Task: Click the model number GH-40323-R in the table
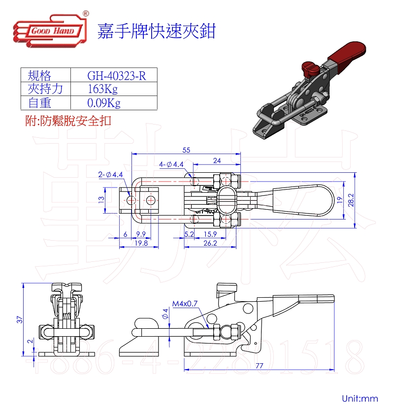[x=116, y=76]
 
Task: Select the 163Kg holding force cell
[x=102, y=89]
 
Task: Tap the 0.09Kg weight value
[x=103, y=103]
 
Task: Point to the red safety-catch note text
[x=68, y=121]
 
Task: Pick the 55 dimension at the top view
[x=186, y=150]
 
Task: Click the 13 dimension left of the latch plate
[x=100, y=200]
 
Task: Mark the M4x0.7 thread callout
[x=185, y=304]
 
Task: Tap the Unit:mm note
[x=360, y=398]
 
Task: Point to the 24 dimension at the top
[x=217, y=160]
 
